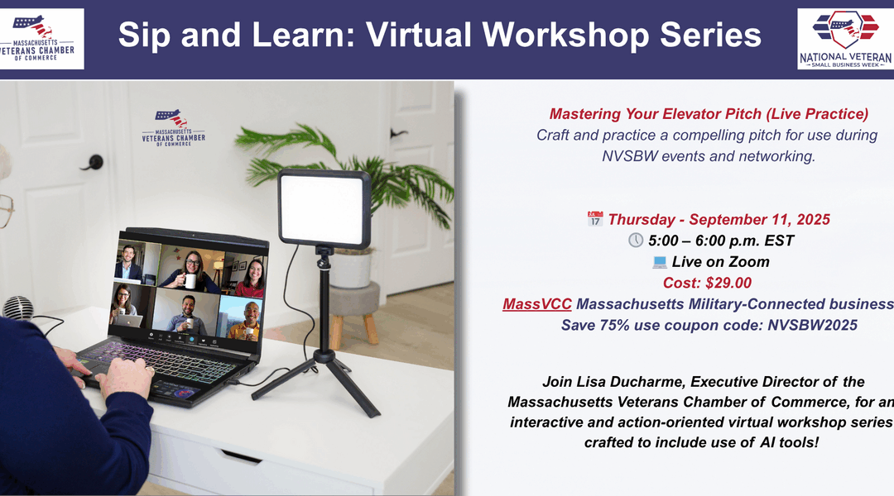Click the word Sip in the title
click(144, 35)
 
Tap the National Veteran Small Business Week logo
click(845, 39)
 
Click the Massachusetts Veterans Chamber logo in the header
click(41, 39)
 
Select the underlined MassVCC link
click(536, 304)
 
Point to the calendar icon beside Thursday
click(594, 219)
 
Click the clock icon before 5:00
click(635, 241)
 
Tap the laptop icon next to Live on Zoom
click(660, 262)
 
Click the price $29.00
click(728, 283)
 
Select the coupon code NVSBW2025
click(813, 325)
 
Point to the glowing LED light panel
click(324, 208)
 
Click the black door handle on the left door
click(93, 163)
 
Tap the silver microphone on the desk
click(19, 308)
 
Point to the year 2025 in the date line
click(813, 219)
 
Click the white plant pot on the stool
click(352, 267)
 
